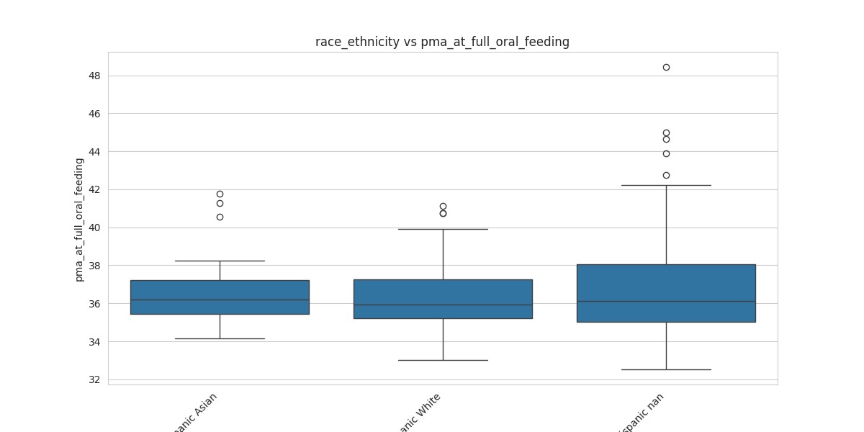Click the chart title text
pyautogui.click(x=442, y=42)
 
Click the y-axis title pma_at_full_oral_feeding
pyautogui.click(x=79, y=220)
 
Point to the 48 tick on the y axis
pyautogui.click(x=94, y=76)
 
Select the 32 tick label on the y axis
pyautogui.click(x=94, y=379)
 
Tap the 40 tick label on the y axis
pyautogui.click(x=94, y=228)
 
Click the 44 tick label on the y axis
pyautogui.click(x=94, y=152)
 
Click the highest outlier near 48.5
pyautogui.click(x=666, y=67)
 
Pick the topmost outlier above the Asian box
pyautogui.click(x=220, y=194)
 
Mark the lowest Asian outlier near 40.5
pyautogui.click(x=220, y=217)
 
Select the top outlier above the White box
pyautogui.click(x=443, y=206)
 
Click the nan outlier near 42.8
pyautogui.click(x=666, y=175)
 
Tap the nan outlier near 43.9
pyautogui.click(x=666, y=153)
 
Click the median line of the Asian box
pyautogui.click(x=220, y=300)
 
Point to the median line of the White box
pyautogui.click(x=443, y=305)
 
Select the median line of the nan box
pyautogui.click(x=666, y=301)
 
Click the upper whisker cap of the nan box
pyautogui.click(x=666, y=185)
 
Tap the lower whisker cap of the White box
pyautogui.click(x=443, y=360)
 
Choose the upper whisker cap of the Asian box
pyautogui.click(x=220, y=261)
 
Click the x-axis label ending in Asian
pyautogui.click(x=195, y=412)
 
